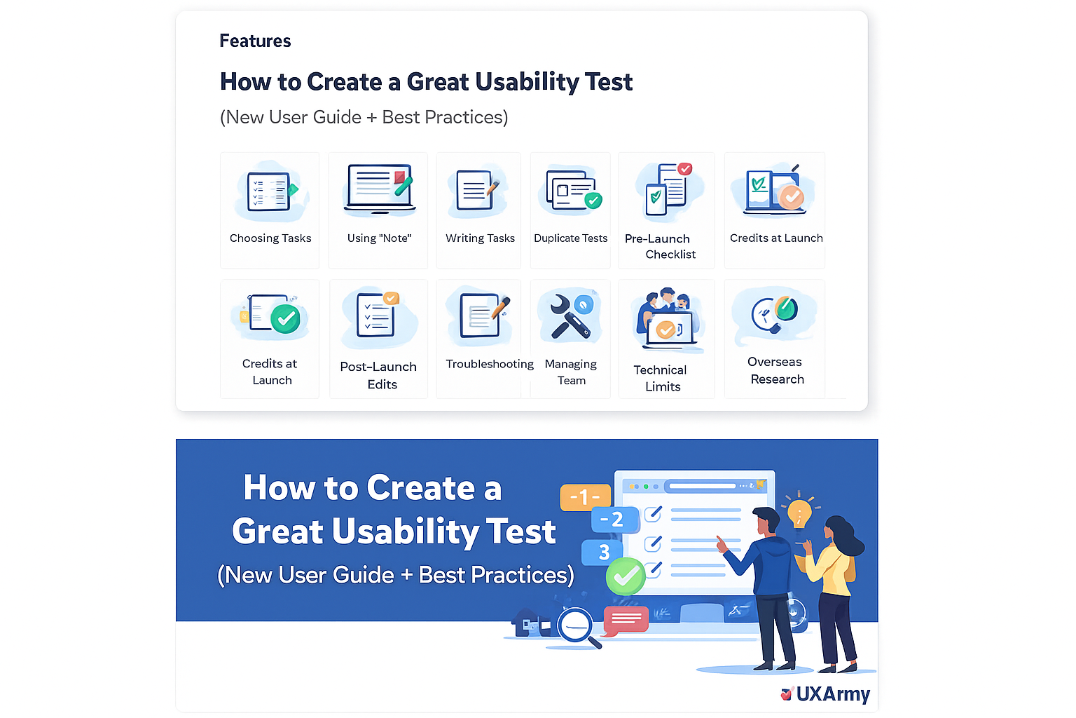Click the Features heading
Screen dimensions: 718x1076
click(x=255, y=41)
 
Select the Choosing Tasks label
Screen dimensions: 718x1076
click(x=270, y=238)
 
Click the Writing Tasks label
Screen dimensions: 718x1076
click(x=480, y=238)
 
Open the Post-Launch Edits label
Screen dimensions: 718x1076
click(x=378, y=375)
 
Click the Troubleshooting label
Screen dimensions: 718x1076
click(x=489, y=364)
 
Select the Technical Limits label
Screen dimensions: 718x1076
click(x=661, y=378)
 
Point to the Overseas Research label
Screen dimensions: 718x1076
click(x=775, y=370)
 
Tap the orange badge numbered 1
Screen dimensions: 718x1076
click(x=584, y=497)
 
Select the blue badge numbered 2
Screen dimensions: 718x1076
click(x=614, y=520)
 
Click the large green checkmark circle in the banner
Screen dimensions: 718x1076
click(x=625, y=576)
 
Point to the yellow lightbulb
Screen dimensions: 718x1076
click(x=799, y=513)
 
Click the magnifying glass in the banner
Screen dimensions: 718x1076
click(x=577, y=626)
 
